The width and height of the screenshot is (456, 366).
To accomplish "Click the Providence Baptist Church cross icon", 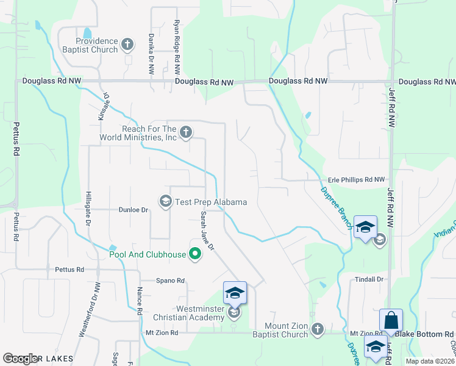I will point(127,44).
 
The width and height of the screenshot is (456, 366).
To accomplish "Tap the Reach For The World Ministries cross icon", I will point(187,132).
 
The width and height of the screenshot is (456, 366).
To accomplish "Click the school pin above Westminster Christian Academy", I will point(235,293).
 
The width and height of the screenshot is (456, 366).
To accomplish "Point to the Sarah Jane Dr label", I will point(208,231).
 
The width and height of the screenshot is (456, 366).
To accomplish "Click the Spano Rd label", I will point(170,281).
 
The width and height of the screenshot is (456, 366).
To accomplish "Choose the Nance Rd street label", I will point(140,300).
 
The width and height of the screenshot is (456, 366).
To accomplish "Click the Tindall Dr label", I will point(369,279).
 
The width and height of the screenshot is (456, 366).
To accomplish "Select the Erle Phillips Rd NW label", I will point(357,180).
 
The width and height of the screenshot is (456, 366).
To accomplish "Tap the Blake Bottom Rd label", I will point(424,334).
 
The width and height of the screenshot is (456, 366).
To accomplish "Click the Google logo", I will point(20,359).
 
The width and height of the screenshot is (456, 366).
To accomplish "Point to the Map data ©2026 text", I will point(429,361).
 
